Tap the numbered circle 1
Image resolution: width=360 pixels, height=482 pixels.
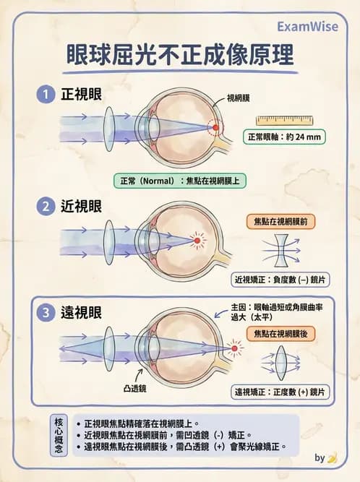coord(46,94)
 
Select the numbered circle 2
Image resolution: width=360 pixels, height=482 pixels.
coord(46,206)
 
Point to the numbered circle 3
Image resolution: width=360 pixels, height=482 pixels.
coord(46,313)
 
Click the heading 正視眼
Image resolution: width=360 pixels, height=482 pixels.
coord(80,94)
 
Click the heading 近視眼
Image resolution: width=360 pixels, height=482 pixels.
coord(80,206)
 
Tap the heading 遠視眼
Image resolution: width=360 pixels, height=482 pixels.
coord(80,313)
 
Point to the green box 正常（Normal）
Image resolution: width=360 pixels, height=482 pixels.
coord(180,180)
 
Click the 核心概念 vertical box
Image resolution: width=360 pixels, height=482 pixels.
coord(59,436)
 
